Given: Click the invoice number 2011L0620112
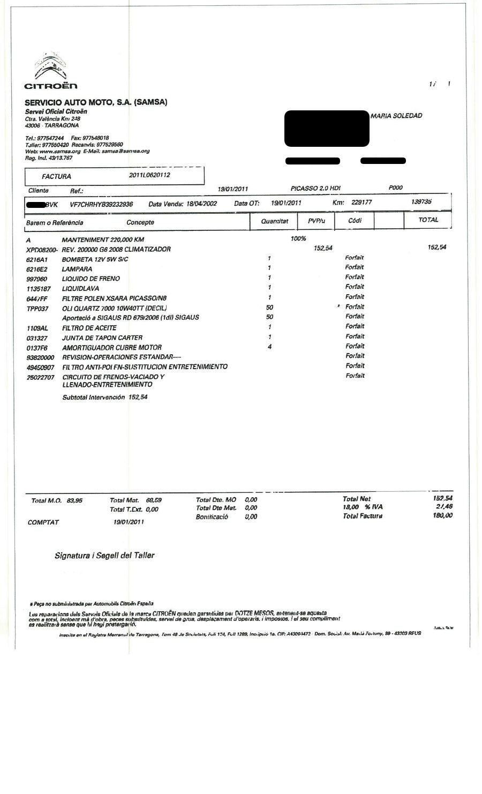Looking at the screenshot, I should [x=150, y=175].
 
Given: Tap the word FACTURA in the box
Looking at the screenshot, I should [x=56, y=176].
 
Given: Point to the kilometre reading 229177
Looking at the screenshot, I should [x=361, y=203].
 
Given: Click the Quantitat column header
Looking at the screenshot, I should [x=275, y=221].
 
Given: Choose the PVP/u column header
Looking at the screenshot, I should [x=317, y=221].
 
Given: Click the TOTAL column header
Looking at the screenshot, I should [x=428, y=220].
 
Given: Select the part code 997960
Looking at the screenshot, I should [x=36, y=279].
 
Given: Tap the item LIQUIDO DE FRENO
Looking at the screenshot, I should [x=91, y=279].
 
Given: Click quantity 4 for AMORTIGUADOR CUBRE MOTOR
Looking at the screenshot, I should [x=270, y=347].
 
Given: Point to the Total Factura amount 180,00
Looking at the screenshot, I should [x=442, y=515].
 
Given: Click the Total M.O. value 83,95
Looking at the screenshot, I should [x=74, y=500].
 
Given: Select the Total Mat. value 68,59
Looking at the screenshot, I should [x=154, y=500].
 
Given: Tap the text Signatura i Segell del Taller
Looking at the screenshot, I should [x=104, y=556].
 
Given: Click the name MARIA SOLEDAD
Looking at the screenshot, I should [x=396, y=116].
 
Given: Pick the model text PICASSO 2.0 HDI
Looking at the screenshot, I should [x=315, y=189].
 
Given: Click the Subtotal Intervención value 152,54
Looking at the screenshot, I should [x=138, y=397].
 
